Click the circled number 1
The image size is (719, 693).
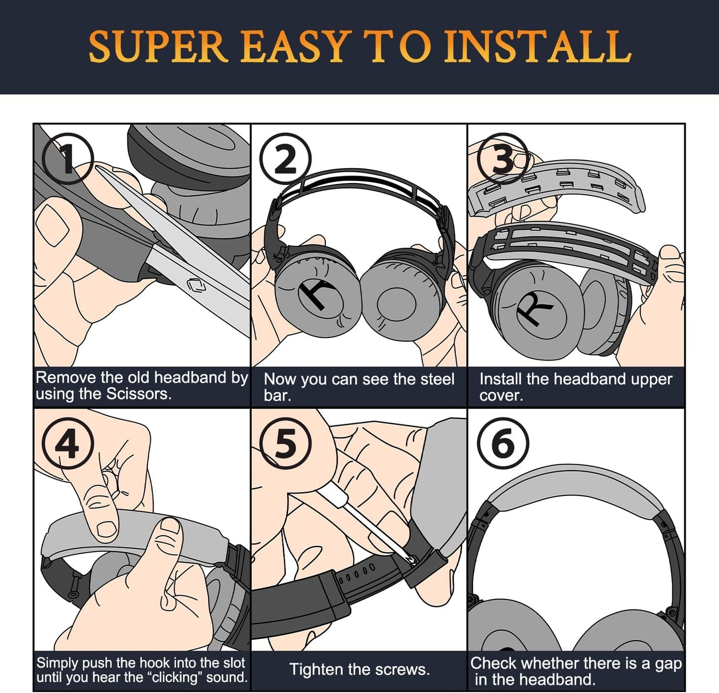tap(68, 159)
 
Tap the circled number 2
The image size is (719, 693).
tap(285, 159)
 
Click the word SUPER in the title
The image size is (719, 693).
tap(158, 47)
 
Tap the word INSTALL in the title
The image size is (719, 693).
tap(537, 47)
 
